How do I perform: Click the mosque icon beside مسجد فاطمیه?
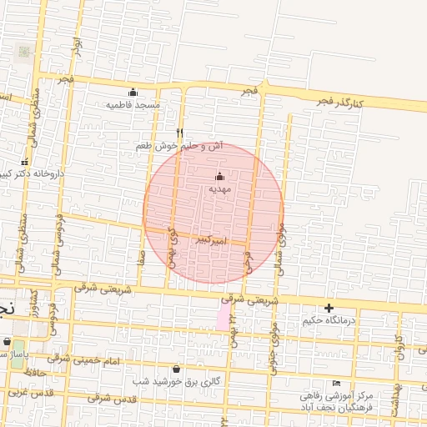tap(133, 93)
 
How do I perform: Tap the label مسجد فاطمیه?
tap(133, 105)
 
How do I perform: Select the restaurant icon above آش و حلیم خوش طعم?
tap(180, 133)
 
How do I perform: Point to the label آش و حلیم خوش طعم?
tap(180, 146)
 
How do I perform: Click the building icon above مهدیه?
tap(219, 176)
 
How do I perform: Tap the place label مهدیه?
tap(219, 189)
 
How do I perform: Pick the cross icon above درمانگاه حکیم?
tap(329, 308)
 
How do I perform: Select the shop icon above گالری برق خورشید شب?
tap(176, 369)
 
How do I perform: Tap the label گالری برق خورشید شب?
tap(176, 381)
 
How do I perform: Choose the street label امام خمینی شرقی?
tap(87, 359)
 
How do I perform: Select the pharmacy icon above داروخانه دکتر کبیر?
tap(24, 162)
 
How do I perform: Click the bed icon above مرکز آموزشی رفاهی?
tap(337, 383)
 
